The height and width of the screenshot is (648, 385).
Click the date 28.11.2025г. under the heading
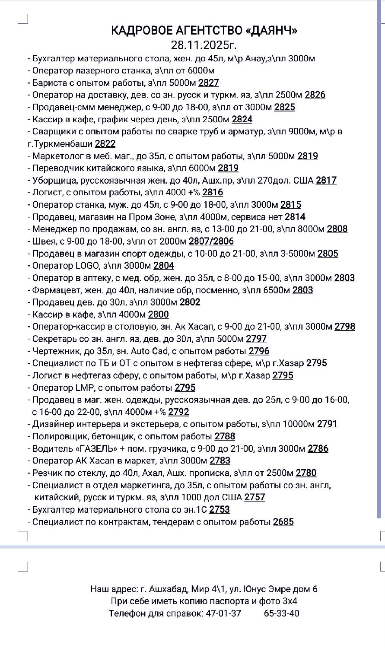pos(204,44)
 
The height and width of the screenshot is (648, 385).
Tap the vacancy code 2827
pos(208,83)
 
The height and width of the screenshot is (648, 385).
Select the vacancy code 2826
pos(315,95)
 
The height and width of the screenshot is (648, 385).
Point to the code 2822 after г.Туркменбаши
pos(105,144)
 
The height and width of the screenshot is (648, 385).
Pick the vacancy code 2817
pos(326,181)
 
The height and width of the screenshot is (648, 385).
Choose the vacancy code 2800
pos(158,314)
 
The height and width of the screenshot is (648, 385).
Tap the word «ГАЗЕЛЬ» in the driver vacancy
pos(92,449)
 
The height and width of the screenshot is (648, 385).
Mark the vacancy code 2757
pos(255,497)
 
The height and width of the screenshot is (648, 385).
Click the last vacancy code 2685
pos(283,522)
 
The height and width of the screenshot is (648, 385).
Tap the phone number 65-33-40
pos(281,613)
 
